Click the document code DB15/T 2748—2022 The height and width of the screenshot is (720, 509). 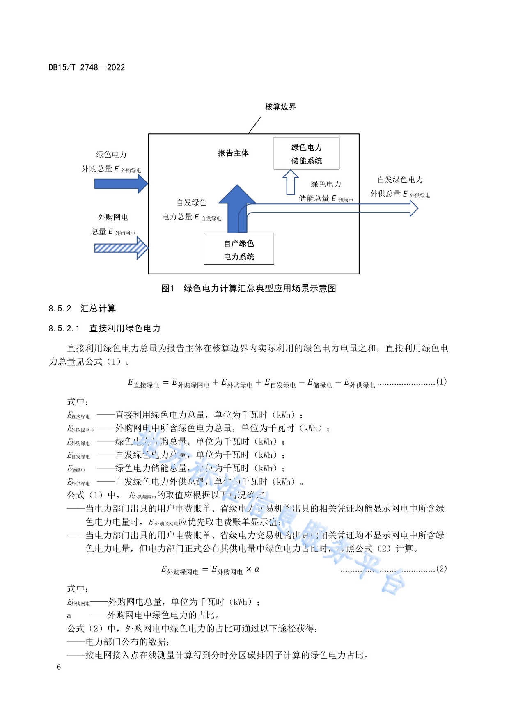(x=87, y=67)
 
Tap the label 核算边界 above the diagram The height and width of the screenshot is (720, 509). (x=280, y=107)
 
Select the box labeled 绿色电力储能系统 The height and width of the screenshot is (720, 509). (x=306, y=153)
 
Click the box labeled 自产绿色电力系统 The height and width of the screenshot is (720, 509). (x=238, y=249)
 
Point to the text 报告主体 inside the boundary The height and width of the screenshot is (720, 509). (x=233, y=153)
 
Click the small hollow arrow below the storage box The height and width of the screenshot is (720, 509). (x=291, y=182)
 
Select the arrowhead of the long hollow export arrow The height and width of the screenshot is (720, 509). (x=413, y=208)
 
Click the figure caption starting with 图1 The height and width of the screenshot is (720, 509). (x=249, y=288)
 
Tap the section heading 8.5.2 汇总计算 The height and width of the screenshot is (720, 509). (x=82, y=309)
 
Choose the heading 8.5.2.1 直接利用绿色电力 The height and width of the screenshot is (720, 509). (x=104, y=328)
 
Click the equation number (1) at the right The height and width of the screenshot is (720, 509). (x=441, y=382)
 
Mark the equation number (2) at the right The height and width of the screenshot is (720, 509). (x=441, y=569)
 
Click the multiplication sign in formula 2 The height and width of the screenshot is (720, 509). (x=248, y=569)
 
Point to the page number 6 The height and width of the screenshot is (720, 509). (x=59, y=667)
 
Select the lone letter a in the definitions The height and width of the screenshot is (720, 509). (x=69, y=615)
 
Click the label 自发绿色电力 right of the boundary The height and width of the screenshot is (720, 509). (x=400, y=180)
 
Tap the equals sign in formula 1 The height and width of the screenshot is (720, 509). (x=165, y=382)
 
